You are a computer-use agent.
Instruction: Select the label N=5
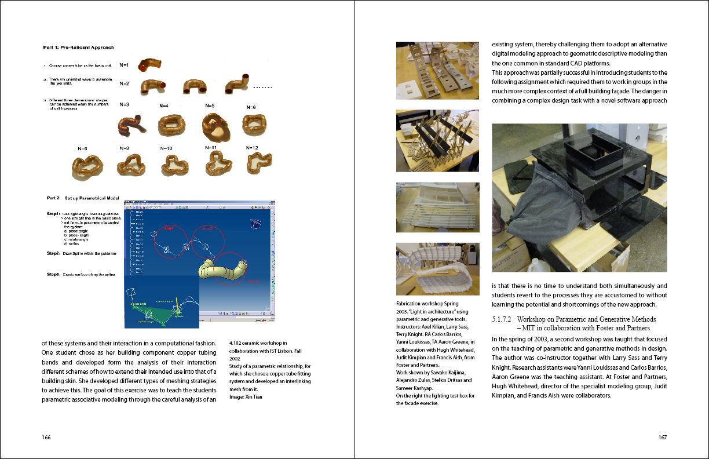click(210, 105)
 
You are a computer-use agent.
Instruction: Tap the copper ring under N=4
click(170, 123)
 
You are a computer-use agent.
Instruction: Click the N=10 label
click(166, 148)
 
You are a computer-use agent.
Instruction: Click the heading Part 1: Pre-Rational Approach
click(78, 48)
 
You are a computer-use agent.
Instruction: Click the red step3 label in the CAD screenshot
click(253, 282)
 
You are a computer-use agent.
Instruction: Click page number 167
click(663, 437)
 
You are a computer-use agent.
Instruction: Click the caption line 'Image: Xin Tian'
click(246, 396)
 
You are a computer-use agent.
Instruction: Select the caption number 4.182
click(236, 344)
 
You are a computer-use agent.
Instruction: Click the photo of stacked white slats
click(438, 207)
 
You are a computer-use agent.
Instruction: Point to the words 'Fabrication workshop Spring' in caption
click(427, 304)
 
